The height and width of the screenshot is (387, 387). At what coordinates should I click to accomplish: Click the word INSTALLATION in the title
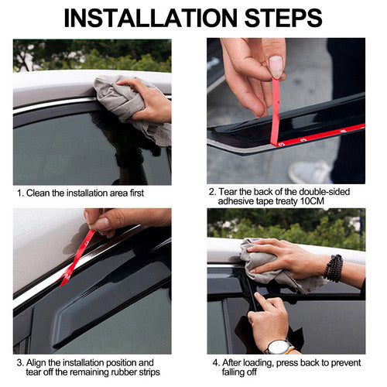pos(150,18)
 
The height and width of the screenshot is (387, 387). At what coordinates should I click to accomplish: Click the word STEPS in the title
pos(283,18)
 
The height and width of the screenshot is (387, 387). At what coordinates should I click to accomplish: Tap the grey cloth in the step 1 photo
pos(132,108)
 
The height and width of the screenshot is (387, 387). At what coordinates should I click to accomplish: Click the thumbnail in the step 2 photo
pos(276,67)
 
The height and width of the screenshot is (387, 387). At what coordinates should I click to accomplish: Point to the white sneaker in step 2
pos(310,172)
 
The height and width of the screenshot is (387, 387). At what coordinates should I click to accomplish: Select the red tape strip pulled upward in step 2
pos(276,111)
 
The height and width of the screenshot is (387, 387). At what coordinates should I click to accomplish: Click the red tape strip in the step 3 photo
pos(77,259)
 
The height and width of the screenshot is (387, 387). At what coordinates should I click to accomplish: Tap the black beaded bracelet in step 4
pos(334,269)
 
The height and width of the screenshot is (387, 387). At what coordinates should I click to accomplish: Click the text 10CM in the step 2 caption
pos(312,201)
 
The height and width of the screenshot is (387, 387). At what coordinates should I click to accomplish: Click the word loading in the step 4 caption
pos(259,363)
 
